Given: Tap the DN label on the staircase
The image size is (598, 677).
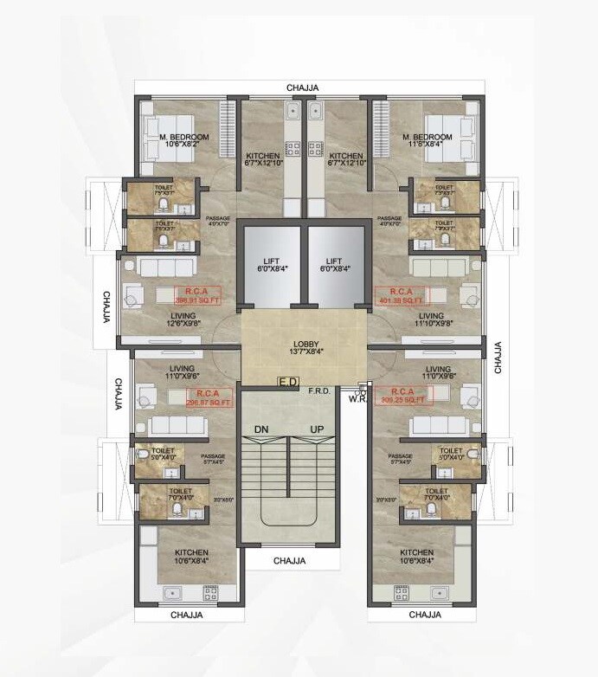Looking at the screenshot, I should point(261,429).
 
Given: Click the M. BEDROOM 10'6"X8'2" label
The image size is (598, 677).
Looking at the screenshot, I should point(183,142).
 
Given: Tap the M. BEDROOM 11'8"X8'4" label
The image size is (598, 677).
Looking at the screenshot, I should point(427,142).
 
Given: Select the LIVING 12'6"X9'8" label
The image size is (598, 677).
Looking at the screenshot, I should point(183,320).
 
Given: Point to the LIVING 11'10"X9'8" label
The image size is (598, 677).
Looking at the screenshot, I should point(430,320).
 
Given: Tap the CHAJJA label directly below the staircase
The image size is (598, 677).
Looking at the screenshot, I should point(290,561).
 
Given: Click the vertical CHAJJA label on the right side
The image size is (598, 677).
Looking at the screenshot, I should point(498,357).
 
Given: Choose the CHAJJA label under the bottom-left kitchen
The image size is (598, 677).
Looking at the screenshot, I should point(186,615).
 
